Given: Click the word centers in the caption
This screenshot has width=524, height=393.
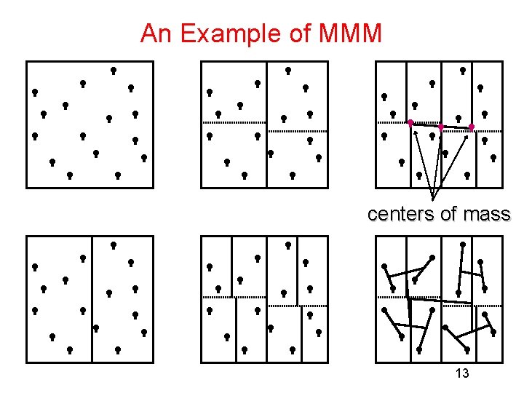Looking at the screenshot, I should point(402,214).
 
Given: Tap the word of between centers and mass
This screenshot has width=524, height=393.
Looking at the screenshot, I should point(450,214).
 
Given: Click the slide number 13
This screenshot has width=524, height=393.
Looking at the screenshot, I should point(461,373).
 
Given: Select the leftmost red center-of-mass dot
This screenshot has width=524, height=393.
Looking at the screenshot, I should point(410,122).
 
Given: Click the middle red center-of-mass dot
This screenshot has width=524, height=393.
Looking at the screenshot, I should point(441,127).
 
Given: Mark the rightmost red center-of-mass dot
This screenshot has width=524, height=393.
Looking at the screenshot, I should point(472,127).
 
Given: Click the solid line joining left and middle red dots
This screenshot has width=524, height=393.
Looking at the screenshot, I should point(426,124).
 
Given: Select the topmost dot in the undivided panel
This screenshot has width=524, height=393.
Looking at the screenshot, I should point(114,70).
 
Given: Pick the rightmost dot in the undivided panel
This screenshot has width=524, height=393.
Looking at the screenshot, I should point(144,157).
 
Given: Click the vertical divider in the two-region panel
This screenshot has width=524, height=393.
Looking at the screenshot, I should point(92,298).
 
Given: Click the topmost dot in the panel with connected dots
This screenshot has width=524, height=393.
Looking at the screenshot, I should point(463,245).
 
